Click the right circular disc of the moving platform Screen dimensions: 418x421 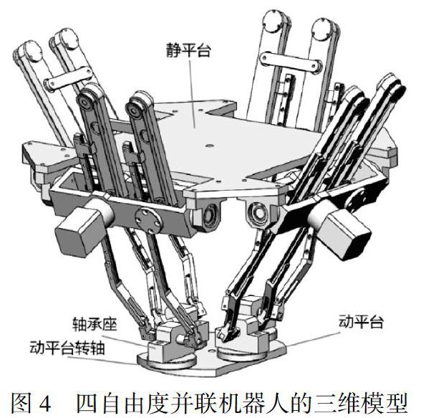248,352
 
